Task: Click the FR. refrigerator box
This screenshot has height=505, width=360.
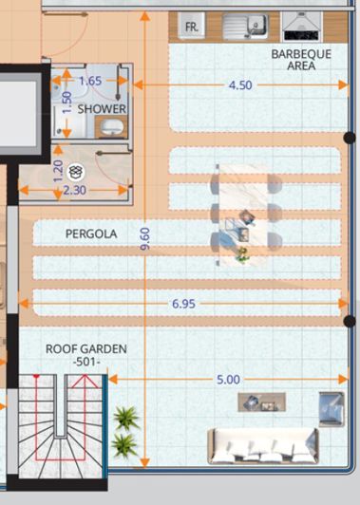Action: pos(191,28)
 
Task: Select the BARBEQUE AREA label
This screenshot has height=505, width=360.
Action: pos(301,61)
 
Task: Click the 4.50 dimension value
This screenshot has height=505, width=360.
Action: pos(240,84)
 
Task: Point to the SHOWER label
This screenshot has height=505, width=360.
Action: pos(102,109)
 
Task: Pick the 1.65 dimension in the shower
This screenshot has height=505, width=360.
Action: pos(90,81)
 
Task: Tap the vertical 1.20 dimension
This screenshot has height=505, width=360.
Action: pos(58,171)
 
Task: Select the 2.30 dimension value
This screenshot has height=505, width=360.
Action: pos(73,190)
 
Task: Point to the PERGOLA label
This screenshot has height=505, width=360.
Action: pos(91,233)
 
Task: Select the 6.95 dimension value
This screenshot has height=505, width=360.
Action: pos(184,304)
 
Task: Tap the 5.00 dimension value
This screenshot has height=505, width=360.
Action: pos(228,379)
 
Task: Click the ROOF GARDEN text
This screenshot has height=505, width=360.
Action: pos(86,349)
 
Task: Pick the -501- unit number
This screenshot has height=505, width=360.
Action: pos(86,363)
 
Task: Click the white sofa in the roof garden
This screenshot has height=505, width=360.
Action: pos(263,445)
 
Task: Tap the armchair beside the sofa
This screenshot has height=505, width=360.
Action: pos(330,406)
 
